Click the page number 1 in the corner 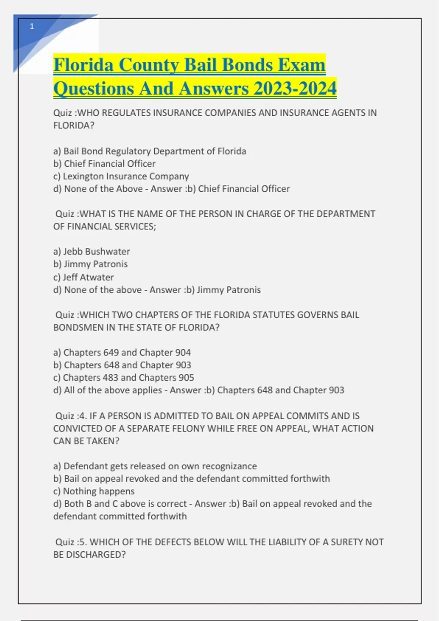(x=32, y=26)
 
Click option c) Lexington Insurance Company (x=121, y=176)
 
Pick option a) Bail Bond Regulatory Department (x=150, y=151)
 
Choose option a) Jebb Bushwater (x=91, y=251)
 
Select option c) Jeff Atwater (x=83, y=277)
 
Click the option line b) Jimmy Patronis (x=90, y=264)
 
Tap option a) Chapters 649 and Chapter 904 (x=122, y=352)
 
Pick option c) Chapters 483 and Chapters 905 (x=124, y=377)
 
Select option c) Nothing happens (x=94, y=491)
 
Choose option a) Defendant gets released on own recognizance (x=155, y=466)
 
